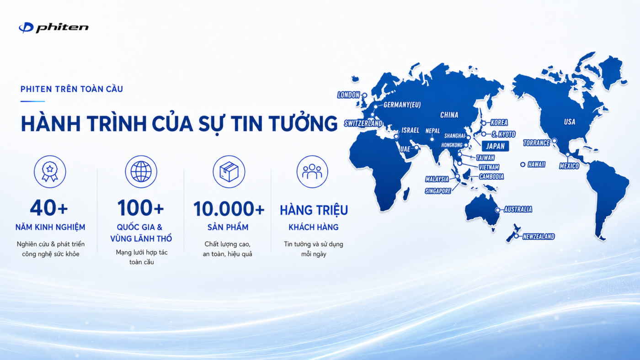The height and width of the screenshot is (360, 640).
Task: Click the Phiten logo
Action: pyautogui.click(x=53, y=27)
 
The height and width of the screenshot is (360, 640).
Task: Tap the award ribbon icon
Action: pyautogui.click(x=50, y=172)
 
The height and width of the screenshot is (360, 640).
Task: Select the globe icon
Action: pyautogui.click(x=141, y=172)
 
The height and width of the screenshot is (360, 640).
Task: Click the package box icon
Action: pyautogui.click(x=229, y=172)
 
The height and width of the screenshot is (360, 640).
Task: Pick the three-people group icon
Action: pyautogui.click(x=312, y=172)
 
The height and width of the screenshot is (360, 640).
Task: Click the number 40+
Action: pyautogui.click(x=49, y=208)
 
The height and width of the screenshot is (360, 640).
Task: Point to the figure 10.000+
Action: pyautogui.click(x=229, y=208)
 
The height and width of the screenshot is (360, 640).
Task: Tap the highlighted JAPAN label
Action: pyautogui.click(x=496, y=146)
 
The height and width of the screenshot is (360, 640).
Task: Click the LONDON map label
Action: pyautogui.click(x=348, y=95)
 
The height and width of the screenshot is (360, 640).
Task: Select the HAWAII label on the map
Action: pyautogui.click(x=537, y=164)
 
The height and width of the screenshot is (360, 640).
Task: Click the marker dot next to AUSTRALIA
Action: pyautogui.click(x=498, y=210)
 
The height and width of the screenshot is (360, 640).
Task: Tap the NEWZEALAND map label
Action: pyautogui.click(x=539, y=237)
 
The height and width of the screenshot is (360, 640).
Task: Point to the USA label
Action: pyautogui.click(x=570, y=122)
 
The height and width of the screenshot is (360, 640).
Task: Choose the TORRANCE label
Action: pyautogui.click(x=537, y=143)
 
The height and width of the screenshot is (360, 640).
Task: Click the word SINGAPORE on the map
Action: pyautogui.click(x=438, y=191)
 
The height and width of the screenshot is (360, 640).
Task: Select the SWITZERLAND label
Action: pyautogui.click(x=363, y=123)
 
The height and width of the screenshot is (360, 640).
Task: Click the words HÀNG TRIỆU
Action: pyautogui.click(x=314, y=210)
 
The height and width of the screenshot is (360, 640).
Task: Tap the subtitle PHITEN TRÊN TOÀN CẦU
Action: pyautogui.click(x=72, y=89)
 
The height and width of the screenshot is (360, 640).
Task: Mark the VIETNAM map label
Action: pyautogui.click(x=489, y=167)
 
